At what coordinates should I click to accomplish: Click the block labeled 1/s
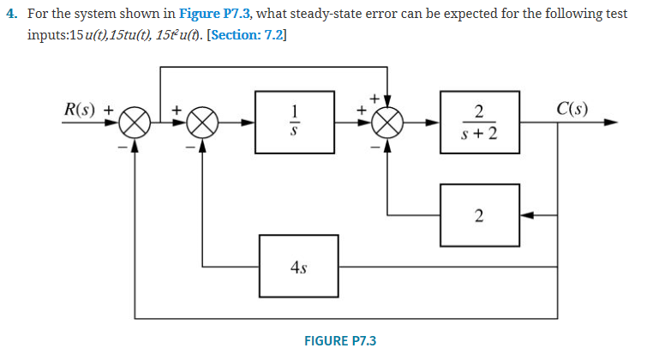(x=294, y=123)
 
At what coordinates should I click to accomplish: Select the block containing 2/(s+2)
(x=478, y=123)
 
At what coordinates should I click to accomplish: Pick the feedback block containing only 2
(x=478, y=215)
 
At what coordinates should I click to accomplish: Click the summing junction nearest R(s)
(x=134, y=123)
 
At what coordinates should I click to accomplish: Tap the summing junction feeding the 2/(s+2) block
(x=388, y=123)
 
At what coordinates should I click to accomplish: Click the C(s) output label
(x=572, y=110)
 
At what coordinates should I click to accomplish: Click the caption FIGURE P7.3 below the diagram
(x=339, y=340)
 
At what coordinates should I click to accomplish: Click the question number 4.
(x=9, y=17)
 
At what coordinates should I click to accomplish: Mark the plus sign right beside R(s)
(x=109, y=111)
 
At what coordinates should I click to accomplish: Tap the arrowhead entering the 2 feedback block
(x=525, y=215)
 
